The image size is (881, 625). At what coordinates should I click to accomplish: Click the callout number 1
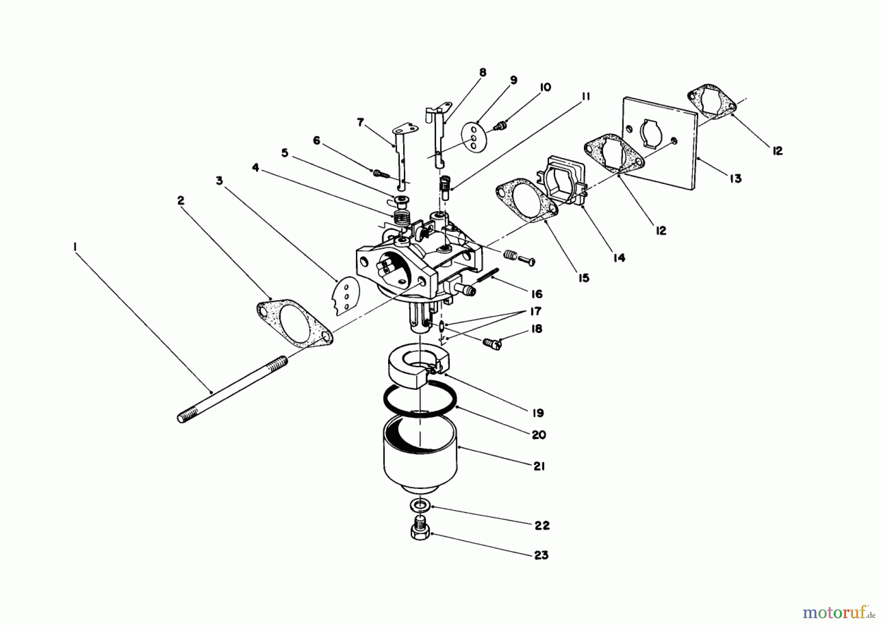(x=75, y=248)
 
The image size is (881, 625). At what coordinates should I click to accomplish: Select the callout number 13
(x=735, y=179)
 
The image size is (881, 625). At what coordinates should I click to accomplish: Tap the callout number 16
(x=536, y=294)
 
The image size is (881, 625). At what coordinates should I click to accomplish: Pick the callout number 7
(x=361, y=122)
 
